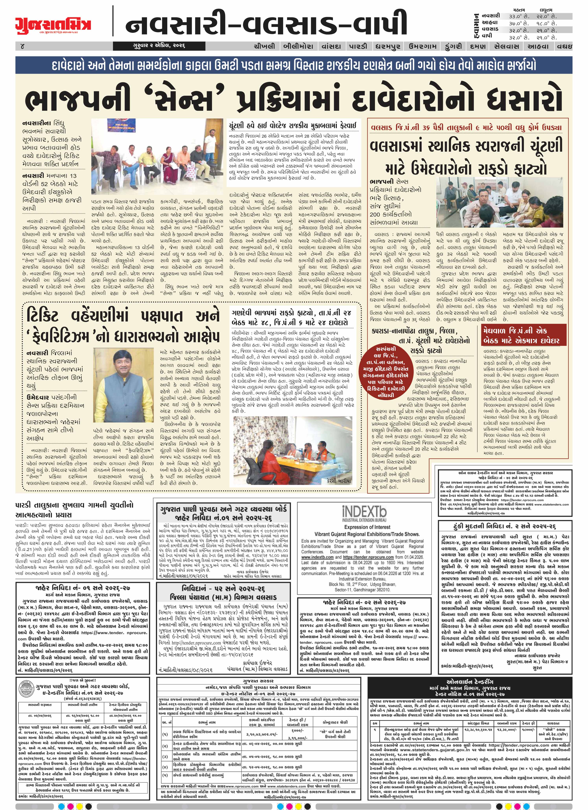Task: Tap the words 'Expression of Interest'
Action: (367, 527)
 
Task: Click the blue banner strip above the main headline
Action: (294, 65)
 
